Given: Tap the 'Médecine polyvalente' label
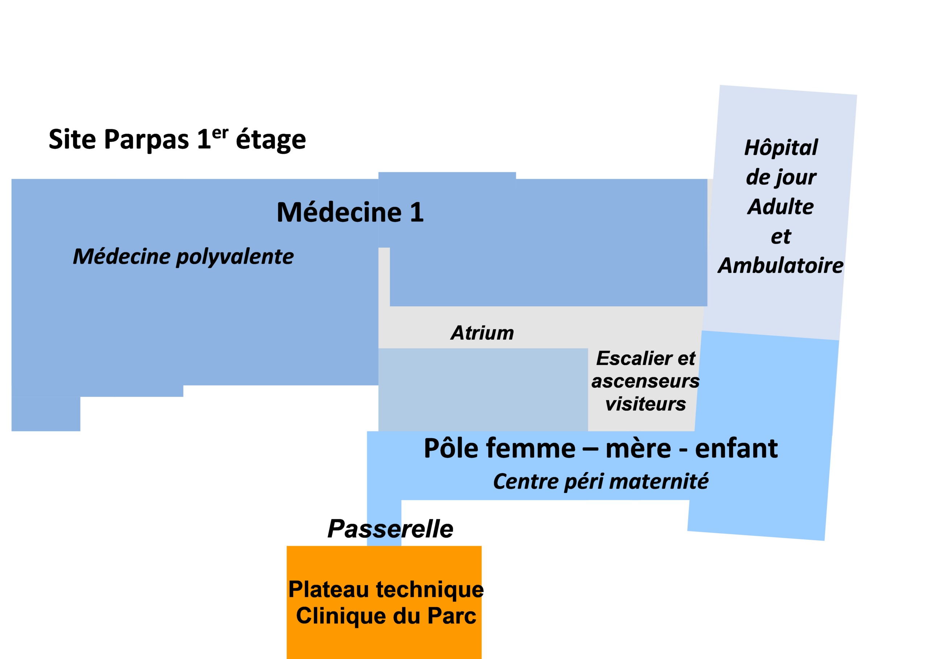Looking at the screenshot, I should click(183, 257).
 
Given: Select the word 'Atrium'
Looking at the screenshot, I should click(482, 333).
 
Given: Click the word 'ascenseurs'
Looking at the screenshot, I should click(645, 381).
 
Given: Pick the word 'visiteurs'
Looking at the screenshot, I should click(645, 404).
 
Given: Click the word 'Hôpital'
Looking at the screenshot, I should click(781, 147).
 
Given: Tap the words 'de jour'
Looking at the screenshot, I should click(781, 177).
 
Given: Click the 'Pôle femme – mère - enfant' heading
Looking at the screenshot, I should click(600, 449).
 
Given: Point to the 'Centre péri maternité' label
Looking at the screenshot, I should click(600, 482).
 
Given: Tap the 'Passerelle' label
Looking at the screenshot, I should click(390, 529).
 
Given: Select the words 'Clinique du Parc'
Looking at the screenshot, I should click(385, 616).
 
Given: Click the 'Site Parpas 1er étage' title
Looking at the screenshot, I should click(177, 140).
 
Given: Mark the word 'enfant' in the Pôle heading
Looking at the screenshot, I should click(736, 449).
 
